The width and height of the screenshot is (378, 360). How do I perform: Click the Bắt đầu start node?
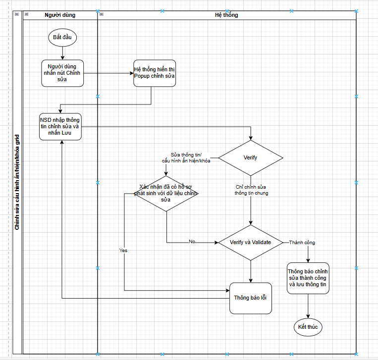(62, 37)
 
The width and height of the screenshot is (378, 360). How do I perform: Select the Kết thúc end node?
(308, 327)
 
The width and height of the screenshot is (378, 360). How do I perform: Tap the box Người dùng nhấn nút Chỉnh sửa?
(62, 73)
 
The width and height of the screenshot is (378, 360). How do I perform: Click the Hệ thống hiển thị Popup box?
(155, 73)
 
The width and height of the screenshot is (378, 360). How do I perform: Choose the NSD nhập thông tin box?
(60, 126)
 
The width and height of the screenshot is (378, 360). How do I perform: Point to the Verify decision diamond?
(251, 158)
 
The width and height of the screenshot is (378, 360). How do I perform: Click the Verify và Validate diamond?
(251, 242)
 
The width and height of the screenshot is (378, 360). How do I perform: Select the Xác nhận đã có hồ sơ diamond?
(166, 193)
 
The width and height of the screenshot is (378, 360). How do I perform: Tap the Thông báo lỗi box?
(251, 298)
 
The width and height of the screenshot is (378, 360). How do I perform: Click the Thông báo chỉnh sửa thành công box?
(308, 278)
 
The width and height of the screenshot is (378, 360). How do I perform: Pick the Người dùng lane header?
(60, 15)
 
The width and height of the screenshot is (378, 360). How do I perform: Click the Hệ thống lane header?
(226, 15)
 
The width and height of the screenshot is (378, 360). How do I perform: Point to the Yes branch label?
(123, 251)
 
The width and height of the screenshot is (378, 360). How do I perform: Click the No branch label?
(192, 242)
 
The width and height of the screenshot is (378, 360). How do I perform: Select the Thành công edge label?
(302, 243)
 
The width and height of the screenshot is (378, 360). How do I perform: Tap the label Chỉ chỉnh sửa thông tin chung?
(251, 190)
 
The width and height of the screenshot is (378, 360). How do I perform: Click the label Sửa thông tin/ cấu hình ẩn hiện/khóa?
(186, 157)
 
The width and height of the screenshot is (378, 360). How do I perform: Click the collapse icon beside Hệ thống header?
(102, 14)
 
